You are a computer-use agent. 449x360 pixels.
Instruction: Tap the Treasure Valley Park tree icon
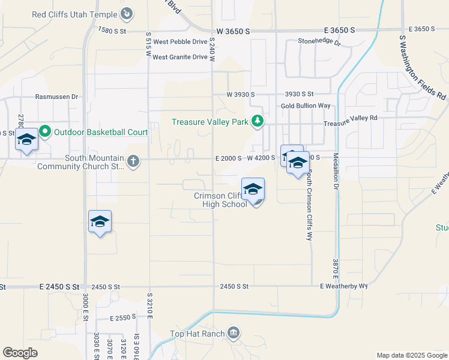point(258,122)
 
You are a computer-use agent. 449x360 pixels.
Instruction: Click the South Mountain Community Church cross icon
point(133,161)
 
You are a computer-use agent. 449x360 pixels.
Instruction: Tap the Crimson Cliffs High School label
point(220,200)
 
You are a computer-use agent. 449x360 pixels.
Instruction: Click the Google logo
point(20,353)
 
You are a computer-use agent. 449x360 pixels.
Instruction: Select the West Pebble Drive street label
point(180,42)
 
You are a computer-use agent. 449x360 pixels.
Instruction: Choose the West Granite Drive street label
point(180,58)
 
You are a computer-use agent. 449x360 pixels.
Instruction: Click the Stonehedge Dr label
point(319,43)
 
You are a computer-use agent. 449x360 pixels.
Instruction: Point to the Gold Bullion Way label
point(306,106)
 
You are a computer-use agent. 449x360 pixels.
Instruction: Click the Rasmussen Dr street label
point(57,96)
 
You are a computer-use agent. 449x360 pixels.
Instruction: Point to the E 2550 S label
point(124,319)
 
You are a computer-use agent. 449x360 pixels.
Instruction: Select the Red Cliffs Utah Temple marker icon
point(127,13)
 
